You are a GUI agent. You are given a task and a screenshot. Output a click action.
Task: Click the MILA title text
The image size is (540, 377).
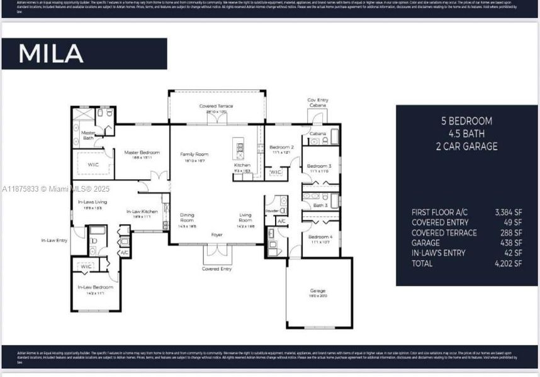tap(51, 53)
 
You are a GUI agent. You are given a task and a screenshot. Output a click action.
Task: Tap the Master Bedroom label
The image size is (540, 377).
tap(142, 152)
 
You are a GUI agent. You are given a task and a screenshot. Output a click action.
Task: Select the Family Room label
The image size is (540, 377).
tap(194, 154)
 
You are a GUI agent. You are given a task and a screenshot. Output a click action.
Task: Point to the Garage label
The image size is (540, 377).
tap(317, 291)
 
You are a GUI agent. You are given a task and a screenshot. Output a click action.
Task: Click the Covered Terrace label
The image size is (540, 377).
tap(216, 106)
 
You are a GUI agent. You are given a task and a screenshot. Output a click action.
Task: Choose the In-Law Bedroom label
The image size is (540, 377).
tap(95, 287)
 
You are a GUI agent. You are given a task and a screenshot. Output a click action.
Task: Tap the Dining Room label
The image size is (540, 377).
tap(188, 217)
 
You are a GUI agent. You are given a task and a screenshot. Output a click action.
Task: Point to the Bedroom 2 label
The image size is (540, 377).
tap(281, 146)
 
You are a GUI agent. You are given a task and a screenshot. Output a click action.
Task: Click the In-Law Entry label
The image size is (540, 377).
tap(54, 241)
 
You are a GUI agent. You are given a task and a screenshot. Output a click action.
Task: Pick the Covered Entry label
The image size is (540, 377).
tap(217, 269)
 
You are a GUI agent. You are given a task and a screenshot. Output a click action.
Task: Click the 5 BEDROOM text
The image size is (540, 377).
tap(466, 121)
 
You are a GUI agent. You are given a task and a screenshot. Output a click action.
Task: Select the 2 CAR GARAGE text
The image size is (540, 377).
tap(466, 146)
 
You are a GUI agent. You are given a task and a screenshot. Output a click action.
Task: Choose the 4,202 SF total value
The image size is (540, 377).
tap(509, 263)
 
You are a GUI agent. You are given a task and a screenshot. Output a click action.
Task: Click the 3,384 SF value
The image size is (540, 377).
tap(509, 212)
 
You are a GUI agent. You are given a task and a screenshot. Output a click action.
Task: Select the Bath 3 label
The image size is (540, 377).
tap(320, 205)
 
